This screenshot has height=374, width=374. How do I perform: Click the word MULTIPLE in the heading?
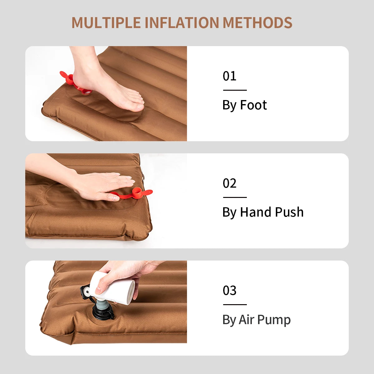[x=106, y=23]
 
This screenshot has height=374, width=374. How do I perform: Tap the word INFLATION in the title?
[x=182, y=23]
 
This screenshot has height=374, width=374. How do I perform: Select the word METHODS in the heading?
[x=257, y=23]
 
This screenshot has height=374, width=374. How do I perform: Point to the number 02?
[x=229, y=183]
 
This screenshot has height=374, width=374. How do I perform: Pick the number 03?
[x=229, y=290]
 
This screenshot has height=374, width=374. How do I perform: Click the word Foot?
[x=253, y=105]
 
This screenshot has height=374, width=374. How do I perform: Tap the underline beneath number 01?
[x=235, y=90]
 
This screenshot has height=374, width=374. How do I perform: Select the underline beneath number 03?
[x=235, y=304]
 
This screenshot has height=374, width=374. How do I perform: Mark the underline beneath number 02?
[x=235, y=197]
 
